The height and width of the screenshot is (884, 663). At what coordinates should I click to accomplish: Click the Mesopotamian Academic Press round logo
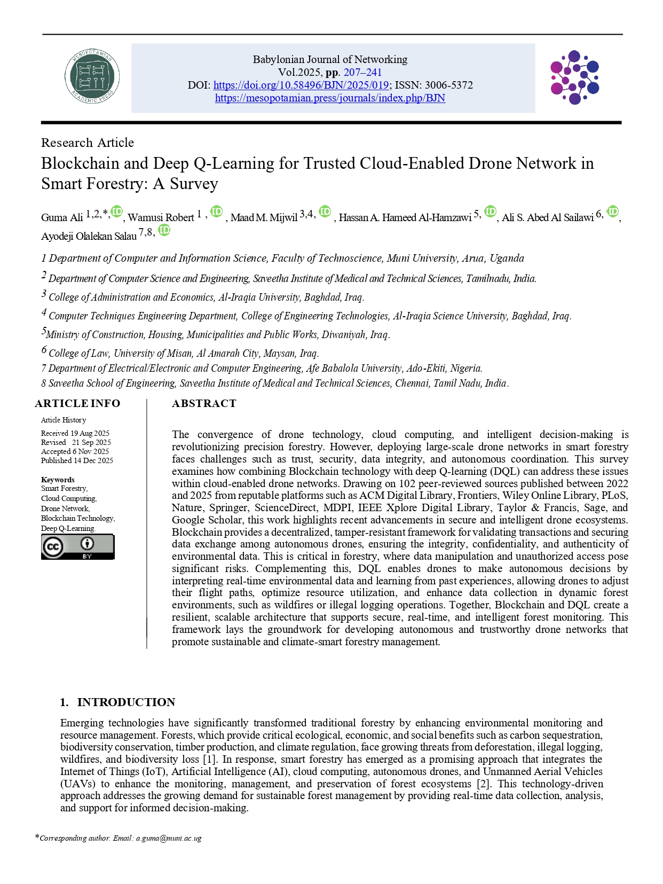click(92, 77)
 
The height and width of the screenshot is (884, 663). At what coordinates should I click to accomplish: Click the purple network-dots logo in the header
click(574, 77)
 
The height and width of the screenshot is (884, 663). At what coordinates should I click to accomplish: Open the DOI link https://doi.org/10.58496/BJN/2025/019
click(301, 85)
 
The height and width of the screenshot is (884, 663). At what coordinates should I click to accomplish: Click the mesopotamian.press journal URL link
click(330, 98)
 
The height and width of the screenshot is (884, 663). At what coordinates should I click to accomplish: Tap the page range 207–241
click(362, 72)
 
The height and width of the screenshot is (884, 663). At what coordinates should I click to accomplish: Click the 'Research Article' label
click(88, 143)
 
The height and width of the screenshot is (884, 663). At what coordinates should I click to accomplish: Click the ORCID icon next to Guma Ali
click(117, 212)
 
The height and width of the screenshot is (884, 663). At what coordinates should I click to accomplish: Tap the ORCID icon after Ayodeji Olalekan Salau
click(164, 230)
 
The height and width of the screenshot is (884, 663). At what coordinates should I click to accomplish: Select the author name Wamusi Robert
click(161, 217)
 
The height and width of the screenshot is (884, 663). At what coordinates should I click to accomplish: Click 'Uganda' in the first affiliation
click(507, 259)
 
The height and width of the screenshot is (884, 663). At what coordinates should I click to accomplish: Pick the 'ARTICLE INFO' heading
click(78, 403)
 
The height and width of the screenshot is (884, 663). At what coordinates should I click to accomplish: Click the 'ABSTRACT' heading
click(204, 403)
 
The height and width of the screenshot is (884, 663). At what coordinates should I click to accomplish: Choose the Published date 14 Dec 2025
click(93, 460)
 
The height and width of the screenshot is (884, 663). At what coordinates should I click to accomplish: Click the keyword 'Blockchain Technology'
click(77, 518)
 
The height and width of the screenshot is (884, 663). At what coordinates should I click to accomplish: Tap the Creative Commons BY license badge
click(78, 547)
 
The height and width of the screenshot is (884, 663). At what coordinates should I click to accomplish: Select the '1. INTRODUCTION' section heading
click(117, 702)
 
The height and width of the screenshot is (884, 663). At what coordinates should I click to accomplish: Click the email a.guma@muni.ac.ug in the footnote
click(169, 838)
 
